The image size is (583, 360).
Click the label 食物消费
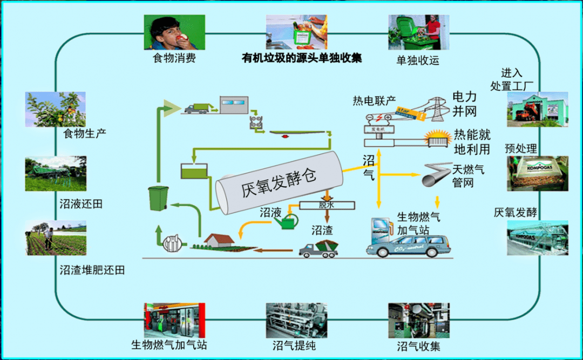coord(174,58)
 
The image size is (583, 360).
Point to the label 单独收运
coord(418,60)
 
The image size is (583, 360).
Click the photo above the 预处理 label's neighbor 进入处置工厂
coord(537,109)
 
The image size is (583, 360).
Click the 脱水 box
coord(327,205)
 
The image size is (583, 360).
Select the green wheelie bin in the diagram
coord(159,198)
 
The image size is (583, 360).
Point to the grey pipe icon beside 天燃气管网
coord(435,174)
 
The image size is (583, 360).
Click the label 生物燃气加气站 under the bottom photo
coord(169,344)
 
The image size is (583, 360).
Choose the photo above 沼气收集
coord(418,321)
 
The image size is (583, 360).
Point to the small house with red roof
coord(218,241)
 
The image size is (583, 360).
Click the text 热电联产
coord(374,101)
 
